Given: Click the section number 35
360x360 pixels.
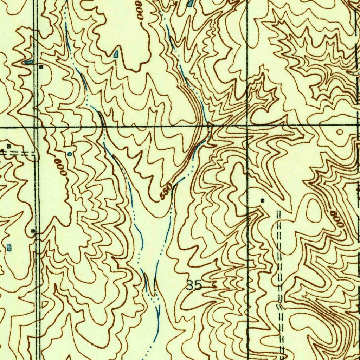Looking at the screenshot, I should point(194,285).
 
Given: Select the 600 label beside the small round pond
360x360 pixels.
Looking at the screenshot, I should point(60,166).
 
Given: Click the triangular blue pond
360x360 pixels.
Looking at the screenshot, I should point(116,54).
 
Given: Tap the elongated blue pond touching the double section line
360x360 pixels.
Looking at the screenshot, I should point(28,62).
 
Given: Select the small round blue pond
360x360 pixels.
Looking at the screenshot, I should point(69,154).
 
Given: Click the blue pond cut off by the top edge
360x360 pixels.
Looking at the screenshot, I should point(190,3).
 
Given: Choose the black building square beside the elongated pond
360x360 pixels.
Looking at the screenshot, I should point(41,66).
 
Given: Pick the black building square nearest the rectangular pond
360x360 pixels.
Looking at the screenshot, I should point(33,231).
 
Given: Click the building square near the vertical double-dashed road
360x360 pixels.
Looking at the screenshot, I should point(262,200).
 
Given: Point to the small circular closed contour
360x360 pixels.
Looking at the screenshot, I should point(340,132).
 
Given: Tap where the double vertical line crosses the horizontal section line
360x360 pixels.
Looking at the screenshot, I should point(37,126).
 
